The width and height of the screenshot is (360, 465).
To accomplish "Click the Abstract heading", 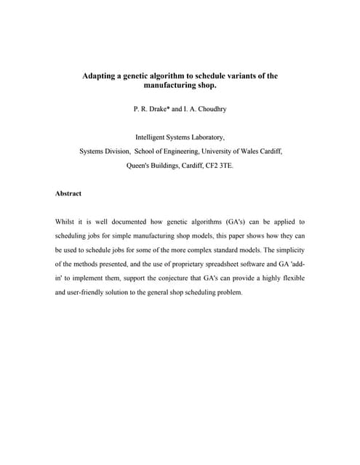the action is pos(68,194).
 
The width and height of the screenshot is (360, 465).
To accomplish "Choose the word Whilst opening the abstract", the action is pos(65,222).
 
